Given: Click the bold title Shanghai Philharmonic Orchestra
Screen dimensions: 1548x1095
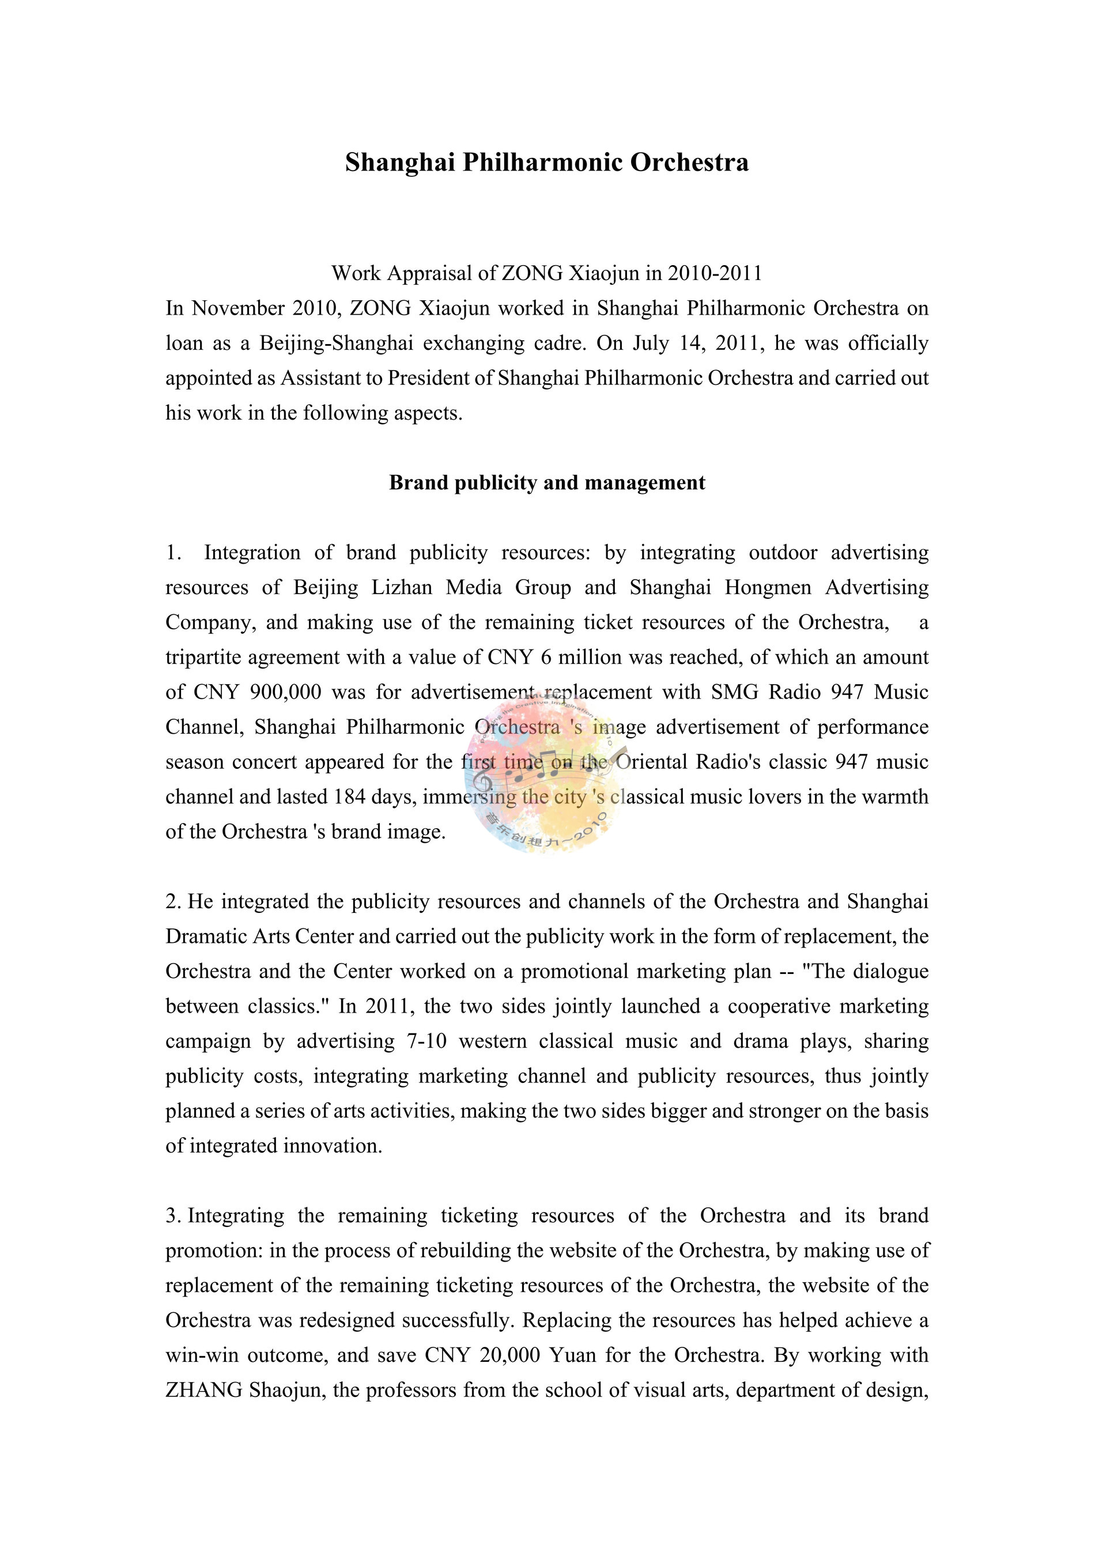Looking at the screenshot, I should tap(547, 163).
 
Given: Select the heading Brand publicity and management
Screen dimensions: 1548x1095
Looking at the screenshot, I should tap(547, 483).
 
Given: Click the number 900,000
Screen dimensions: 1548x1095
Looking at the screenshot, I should tap(285, 692).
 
